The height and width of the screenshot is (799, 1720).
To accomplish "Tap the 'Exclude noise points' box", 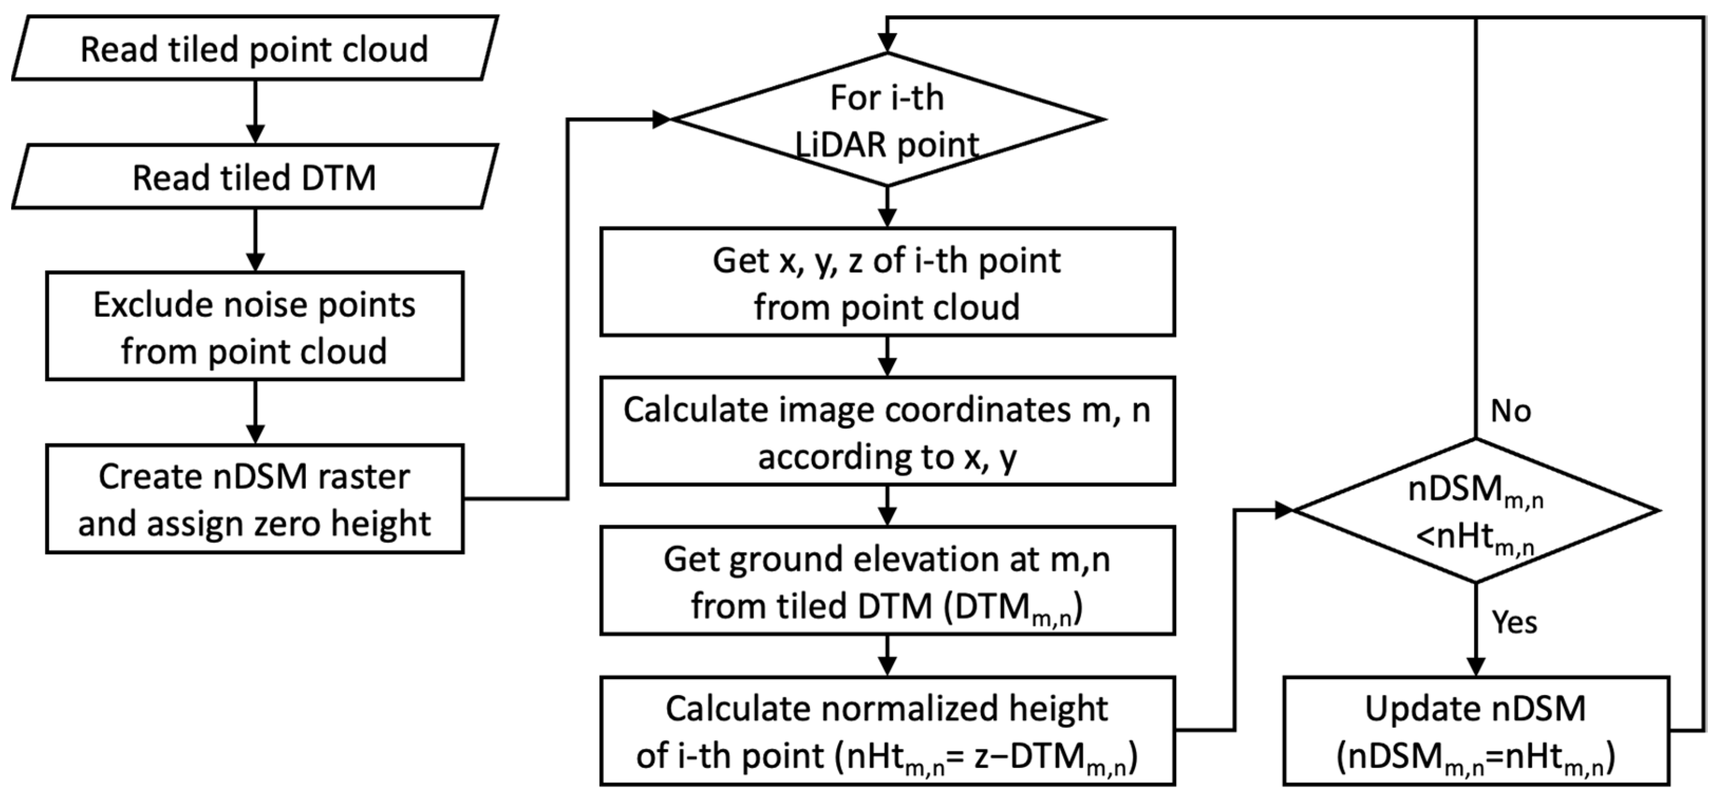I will [x=255, y=327].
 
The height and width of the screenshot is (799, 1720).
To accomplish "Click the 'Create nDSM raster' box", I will [x=255, y=499].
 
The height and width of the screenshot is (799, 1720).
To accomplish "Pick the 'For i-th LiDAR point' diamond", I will [x=887, y=120].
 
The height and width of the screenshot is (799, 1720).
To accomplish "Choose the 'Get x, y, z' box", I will [x=887, y=282].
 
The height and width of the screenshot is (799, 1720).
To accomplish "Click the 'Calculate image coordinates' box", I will [x=887, y=432].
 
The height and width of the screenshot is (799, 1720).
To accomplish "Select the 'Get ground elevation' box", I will [x=887, y=581].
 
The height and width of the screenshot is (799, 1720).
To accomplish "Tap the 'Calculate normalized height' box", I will [x=887, y=731].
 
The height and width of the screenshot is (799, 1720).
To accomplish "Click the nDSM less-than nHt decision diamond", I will [x=1475, y=511].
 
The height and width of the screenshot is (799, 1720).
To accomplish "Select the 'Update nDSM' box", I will [x=1475, y=731].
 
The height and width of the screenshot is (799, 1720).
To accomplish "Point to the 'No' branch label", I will [x=1510, y=411].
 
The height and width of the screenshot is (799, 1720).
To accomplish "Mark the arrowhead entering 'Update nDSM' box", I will [x=1475, y=668].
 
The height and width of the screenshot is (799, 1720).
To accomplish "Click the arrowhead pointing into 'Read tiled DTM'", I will [x=255, y=134].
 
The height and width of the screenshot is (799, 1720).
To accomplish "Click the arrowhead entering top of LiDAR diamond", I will [x=887, y=43].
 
